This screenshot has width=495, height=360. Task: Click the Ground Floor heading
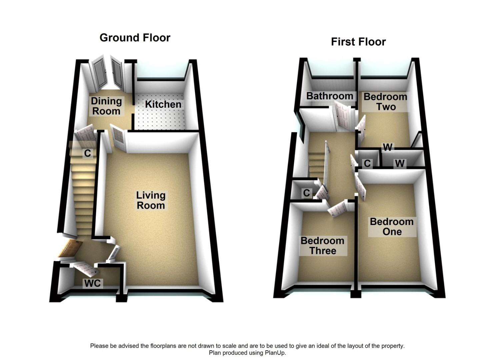click(135, 38)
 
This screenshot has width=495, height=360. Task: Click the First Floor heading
click(358, 42)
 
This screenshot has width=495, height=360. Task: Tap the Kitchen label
click(163, 104)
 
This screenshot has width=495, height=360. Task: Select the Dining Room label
click(106, 106)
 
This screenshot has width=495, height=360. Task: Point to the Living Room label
click(151, 200)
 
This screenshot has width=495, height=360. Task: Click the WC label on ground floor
click(92, 283)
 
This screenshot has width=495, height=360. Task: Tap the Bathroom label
click(329, 96)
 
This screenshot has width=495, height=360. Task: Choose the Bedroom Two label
click(385, 102)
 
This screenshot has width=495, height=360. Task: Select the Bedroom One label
click(392, 227)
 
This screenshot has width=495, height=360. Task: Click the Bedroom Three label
click(322, 246)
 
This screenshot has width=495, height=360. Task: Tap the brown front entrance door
click(71, 249)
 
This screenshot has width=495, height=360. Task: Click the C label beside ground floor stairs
click(87, 153)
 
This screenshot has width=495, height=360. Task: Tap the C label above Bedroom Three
click(306, 193)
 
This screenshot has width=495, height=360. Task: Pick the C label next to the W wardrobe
click(367, 163)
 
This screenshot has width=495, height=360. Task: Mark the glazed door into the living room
click(118, 138)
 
